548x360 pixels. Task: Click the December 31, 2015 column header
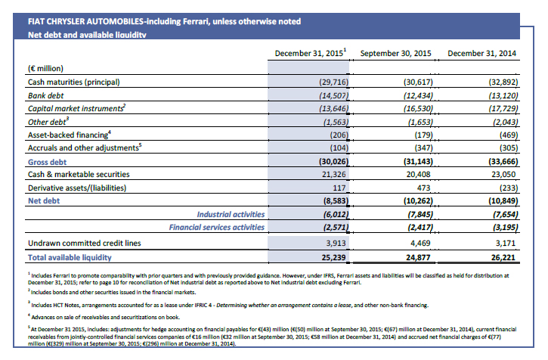311,53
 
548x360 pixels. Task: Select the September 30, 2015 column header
395,53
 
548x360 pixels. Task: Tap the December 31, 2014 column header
482,53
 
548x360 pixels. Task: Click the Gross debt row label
47,162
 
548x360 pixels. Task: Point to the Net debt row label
44,201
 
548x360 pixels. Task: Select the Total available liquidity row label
70,257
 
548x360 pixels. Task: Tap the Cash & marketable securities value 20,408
418,174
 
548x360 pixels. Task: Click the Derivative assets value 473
423,188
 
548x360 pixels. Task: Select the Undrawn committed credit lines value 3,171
506,243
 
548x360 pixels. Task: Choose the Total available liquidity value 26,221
503,257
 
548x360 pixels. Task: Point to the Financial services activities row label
217,228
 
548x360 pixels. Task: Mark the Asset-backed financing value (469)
509,135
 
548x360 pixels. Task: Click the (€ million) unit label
46,68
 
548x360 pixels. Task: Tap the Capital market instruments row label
77,108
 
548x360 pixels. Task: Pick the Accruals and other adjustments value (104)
339,148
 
